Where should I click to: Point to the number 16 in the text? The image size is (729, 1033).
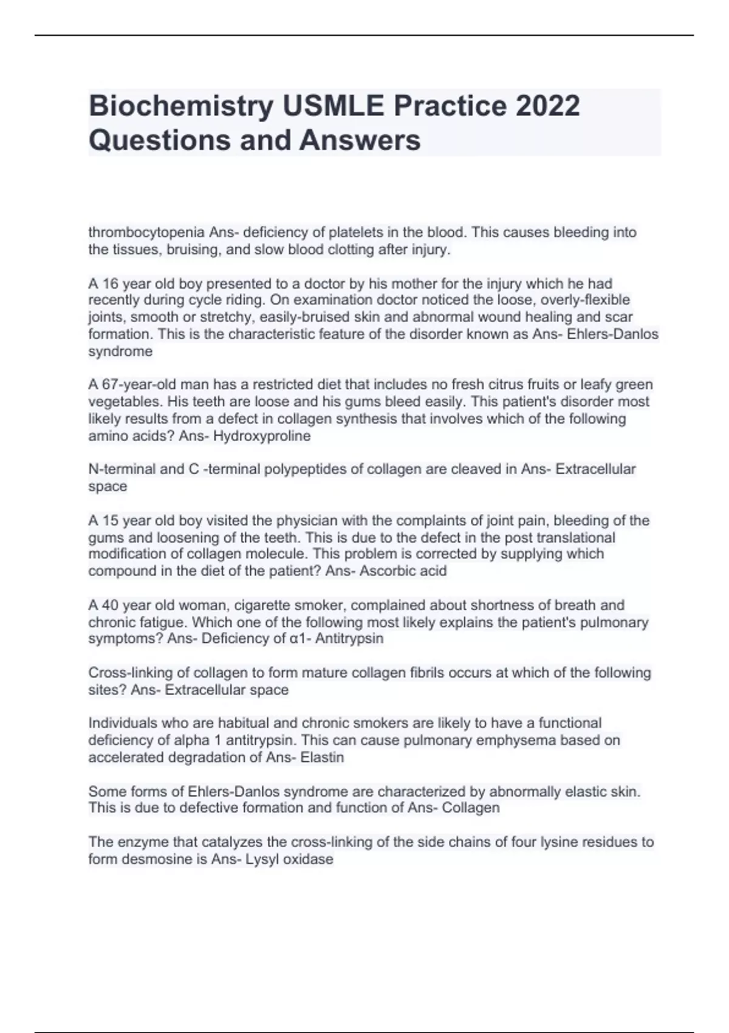point(110,283)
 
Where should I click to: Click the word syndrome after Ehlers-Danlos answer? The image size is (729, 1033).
point(120,351)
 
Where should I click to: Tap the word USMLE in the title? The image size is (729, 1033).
point(333,106)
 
